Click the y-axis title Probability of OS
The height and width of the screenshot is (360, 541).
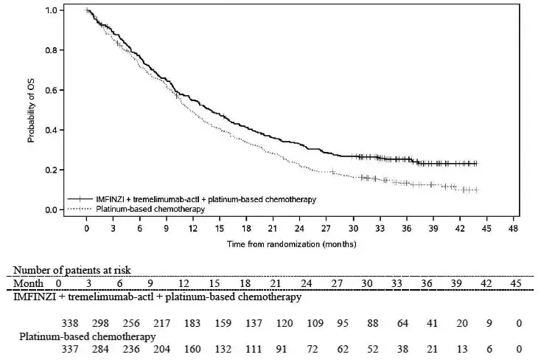32,110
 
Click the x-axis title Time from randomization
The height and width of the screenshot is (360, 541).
291,243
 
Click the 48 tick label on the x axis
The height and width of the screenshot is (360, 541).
512,229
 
